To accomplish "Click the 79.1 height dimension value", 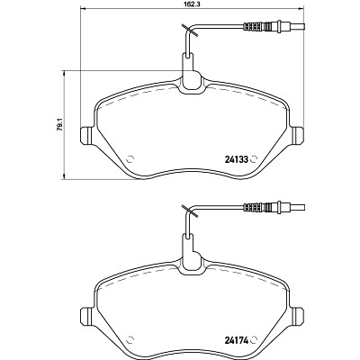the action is (x=60, y=125).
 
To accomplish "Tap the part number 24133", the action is (x=236, y=159).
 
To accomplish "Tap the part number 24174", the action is (x=236, y=340).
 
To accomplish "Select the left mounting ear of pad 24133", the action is (x=87, y=136).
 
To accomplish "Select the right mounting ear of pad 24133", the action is (x=298, y=136).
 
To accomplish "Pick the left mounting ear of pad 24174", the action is (x=87, y=316).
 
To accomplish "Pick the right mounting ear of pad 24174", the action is (x=298, y=316).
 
